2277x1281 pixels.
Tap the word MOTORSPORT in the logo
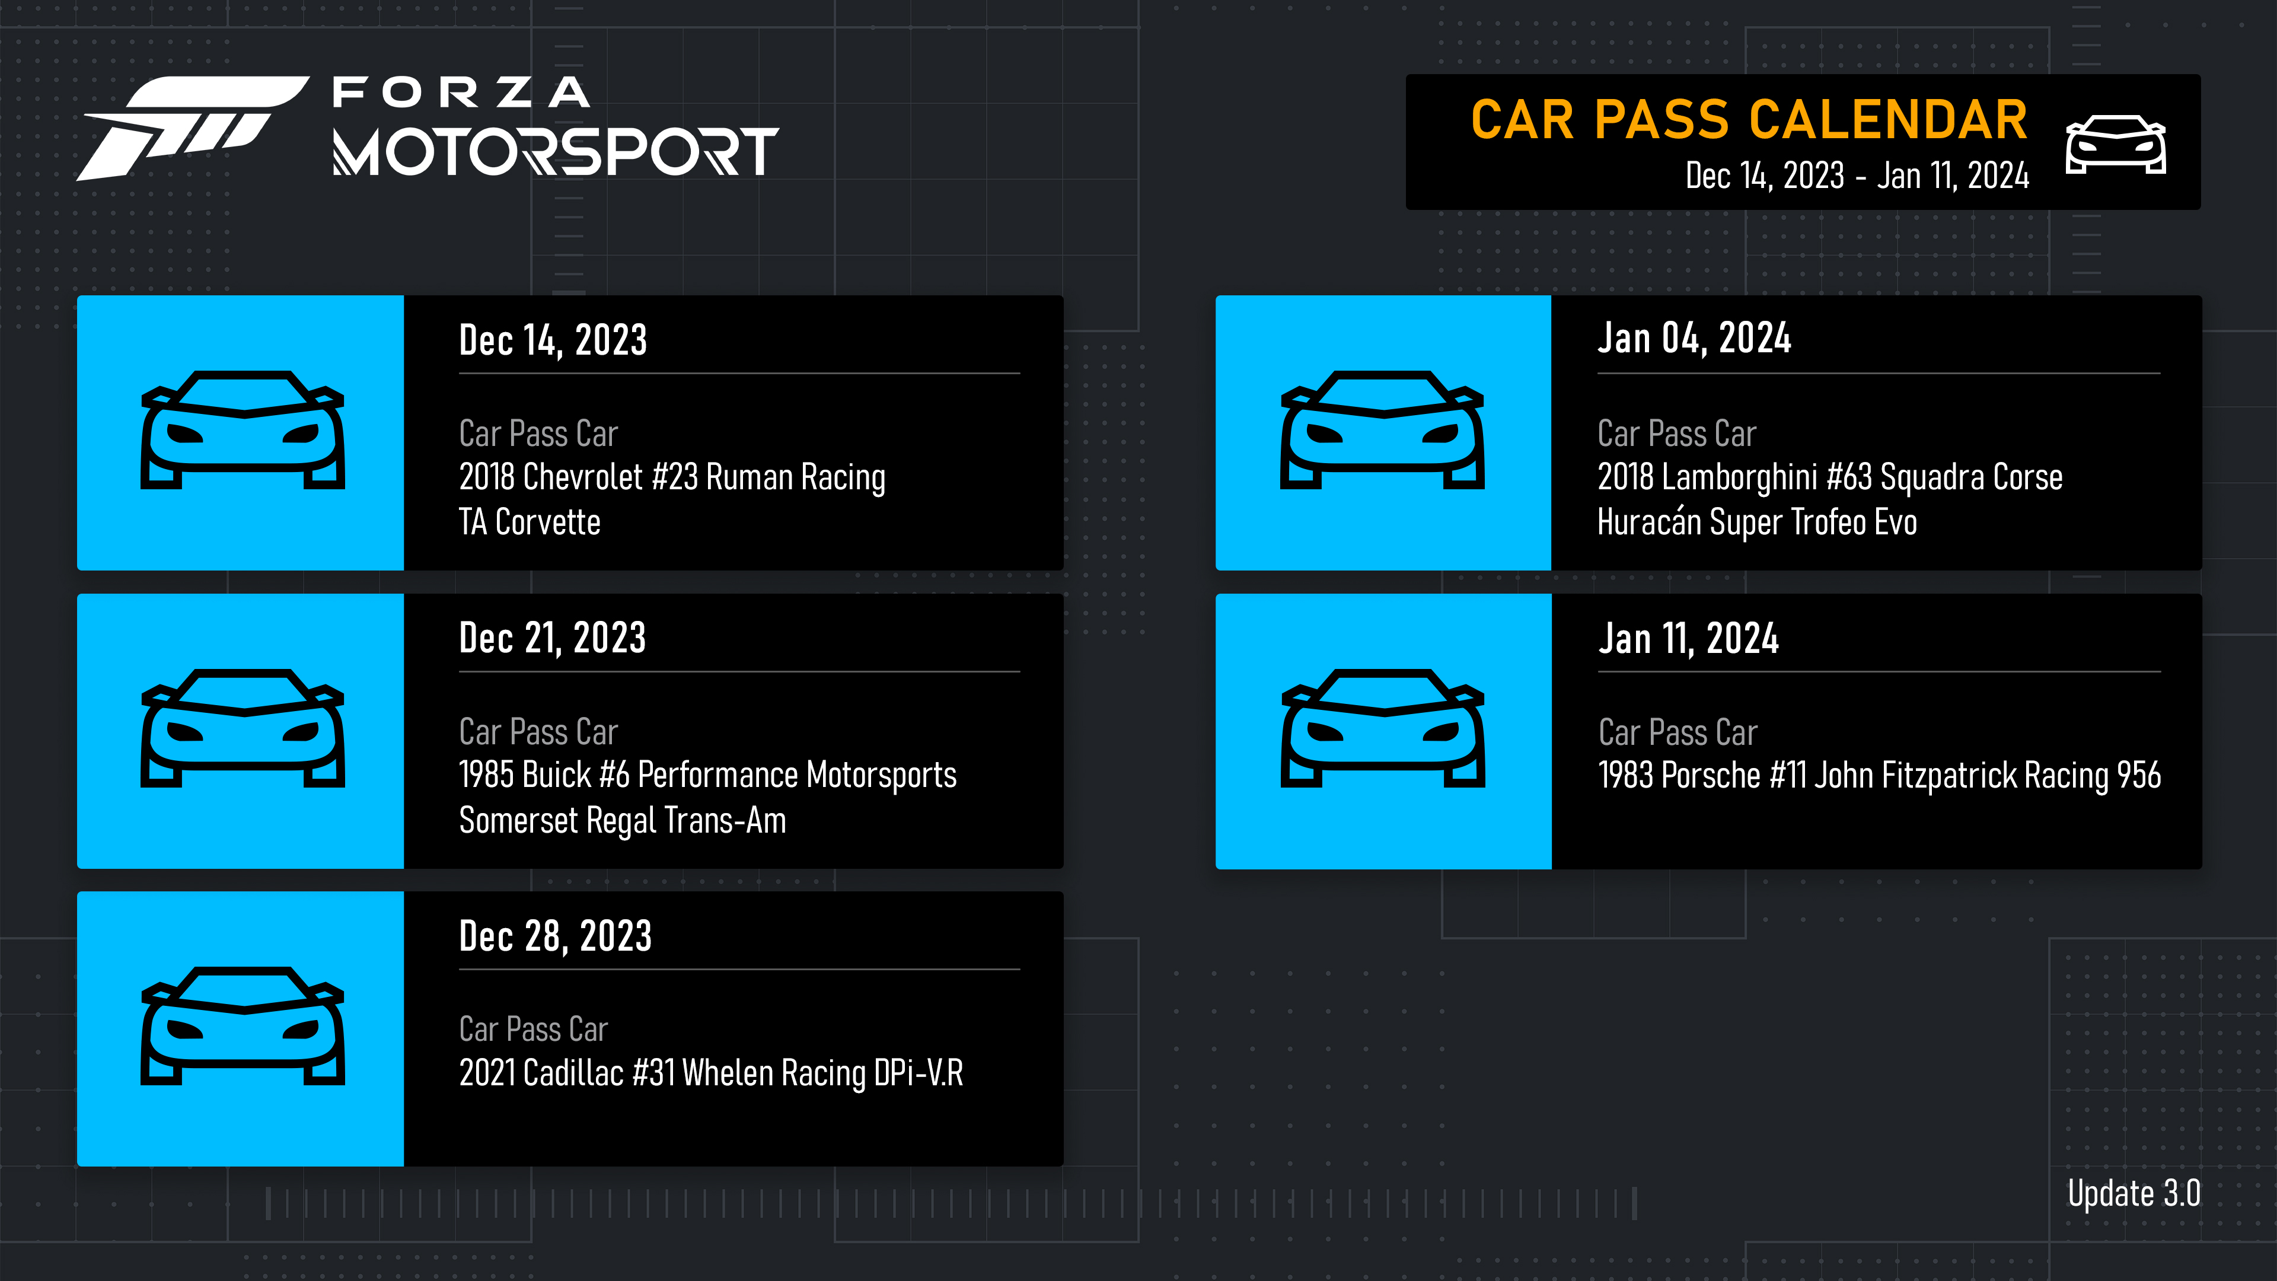[x=555, y=152]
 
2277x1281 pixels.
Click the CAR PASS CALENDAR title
[x=1749, y=120]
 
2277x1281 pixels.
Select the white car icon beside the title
[x=2115, y=144]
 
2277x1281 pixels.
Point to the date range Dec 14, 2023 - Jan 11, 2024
[x=1856, y=176]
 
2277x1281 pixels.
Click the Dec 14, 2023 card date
[x=553, y=340]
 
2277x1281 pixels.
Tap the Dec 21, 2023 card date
[x=553, y=638]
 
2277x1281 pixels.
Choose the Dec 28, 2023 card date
[x=555, y=936]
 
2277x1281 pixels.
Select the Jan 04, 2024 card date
[x=1694, y=339]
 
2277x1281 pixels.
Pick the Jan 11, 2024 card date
[x=1688, y=638]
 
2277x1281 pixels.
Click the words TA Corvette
[x=530, y=522]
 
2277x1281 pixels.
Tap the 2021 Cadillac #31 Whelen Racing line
[x=711, y=1073]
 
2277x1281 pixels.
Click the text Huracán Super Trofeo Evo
[x=1756, y=522]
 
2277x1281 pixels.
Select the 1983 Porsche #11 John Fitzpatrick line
[x=1879, y=775]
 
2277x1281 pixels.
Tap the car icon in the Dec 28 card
[x=242, y=1027]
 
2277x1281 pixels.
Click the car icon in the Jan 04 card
[x=1382, y=431]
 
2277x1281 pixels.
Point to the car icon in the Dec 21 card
[x=242, y=728]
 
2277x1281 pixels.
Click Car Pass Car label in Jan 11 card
[x=1678, y=733]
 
